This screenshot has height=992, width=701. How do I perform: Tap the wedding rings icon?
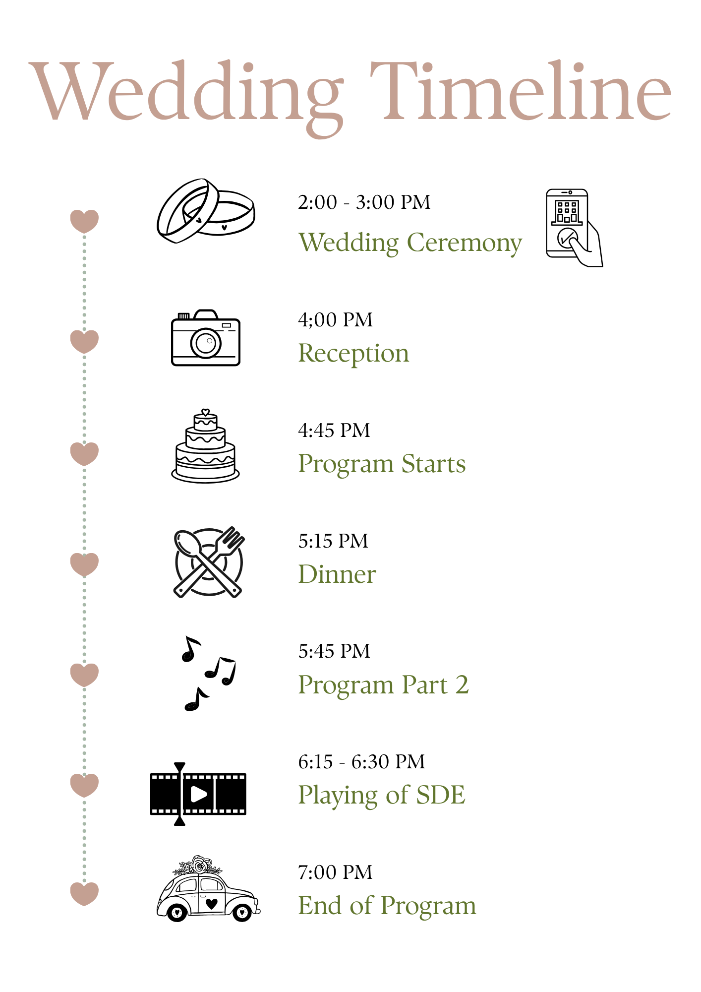point(206,211)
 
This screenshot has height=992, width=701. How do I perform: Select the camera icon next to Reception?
point(206,338)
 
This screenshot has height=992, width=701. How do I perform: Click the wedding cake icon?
point(205,446)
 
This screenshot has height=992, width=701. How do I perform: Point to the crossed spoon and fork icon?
point(209,562)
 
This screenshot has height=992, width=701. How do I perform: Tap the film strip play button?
point(198,794)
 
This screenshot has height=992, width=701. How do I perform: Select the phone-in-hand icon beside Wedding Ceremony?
point(574,228)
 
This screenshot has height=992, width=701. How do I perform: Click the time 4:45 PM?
point(334,431)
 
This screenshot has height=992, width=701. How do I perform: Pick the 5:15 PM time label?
point(333,541)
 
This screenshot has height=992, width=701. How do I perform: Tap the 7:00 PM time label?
point(335,872)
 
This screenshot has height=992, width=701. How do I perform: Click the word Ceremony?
point(465,244)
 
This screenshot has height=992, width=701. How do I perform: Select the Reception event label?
point(353,354)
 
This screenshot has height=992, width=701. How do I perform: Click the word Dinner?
point(337,574)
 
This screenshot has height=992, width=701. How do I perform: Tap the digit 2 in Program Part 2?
point(462,685)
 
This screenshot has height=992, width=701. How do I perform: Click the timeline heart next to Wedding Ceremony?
point(84,221)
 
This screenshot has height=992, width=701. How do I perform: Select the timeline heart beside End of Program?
point(84,894)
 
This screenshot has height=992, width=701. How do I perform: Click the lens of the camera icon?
point(206,342)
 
